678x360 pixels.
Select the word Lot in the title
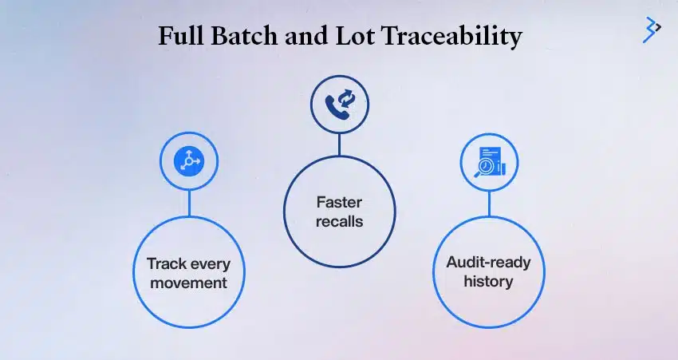click(x=356, y=37)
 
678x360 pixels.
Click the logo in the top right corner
click(x=652, y=29)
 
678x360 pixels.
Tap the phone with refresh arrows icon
click(x=339, y=104)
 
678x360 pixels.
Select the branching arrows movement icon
click(x=189, y=161)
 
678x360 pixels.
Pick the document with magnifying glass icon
click(x=489, y=161)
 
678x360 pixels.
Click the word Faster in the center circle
click(x=339, y=203)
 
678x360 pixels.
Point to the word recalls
click(x=339, y=221)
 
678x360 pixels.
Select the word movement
click(x=189, y=283)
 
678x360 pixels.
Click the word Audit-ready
click(x=489, y=263)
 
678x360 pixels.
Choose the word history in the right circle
click(x=489, y=281)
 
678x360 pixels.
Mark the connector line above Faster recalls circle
click(x=339, y=144)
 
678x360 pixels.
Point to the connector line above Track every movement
click(x=189, y=202)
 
